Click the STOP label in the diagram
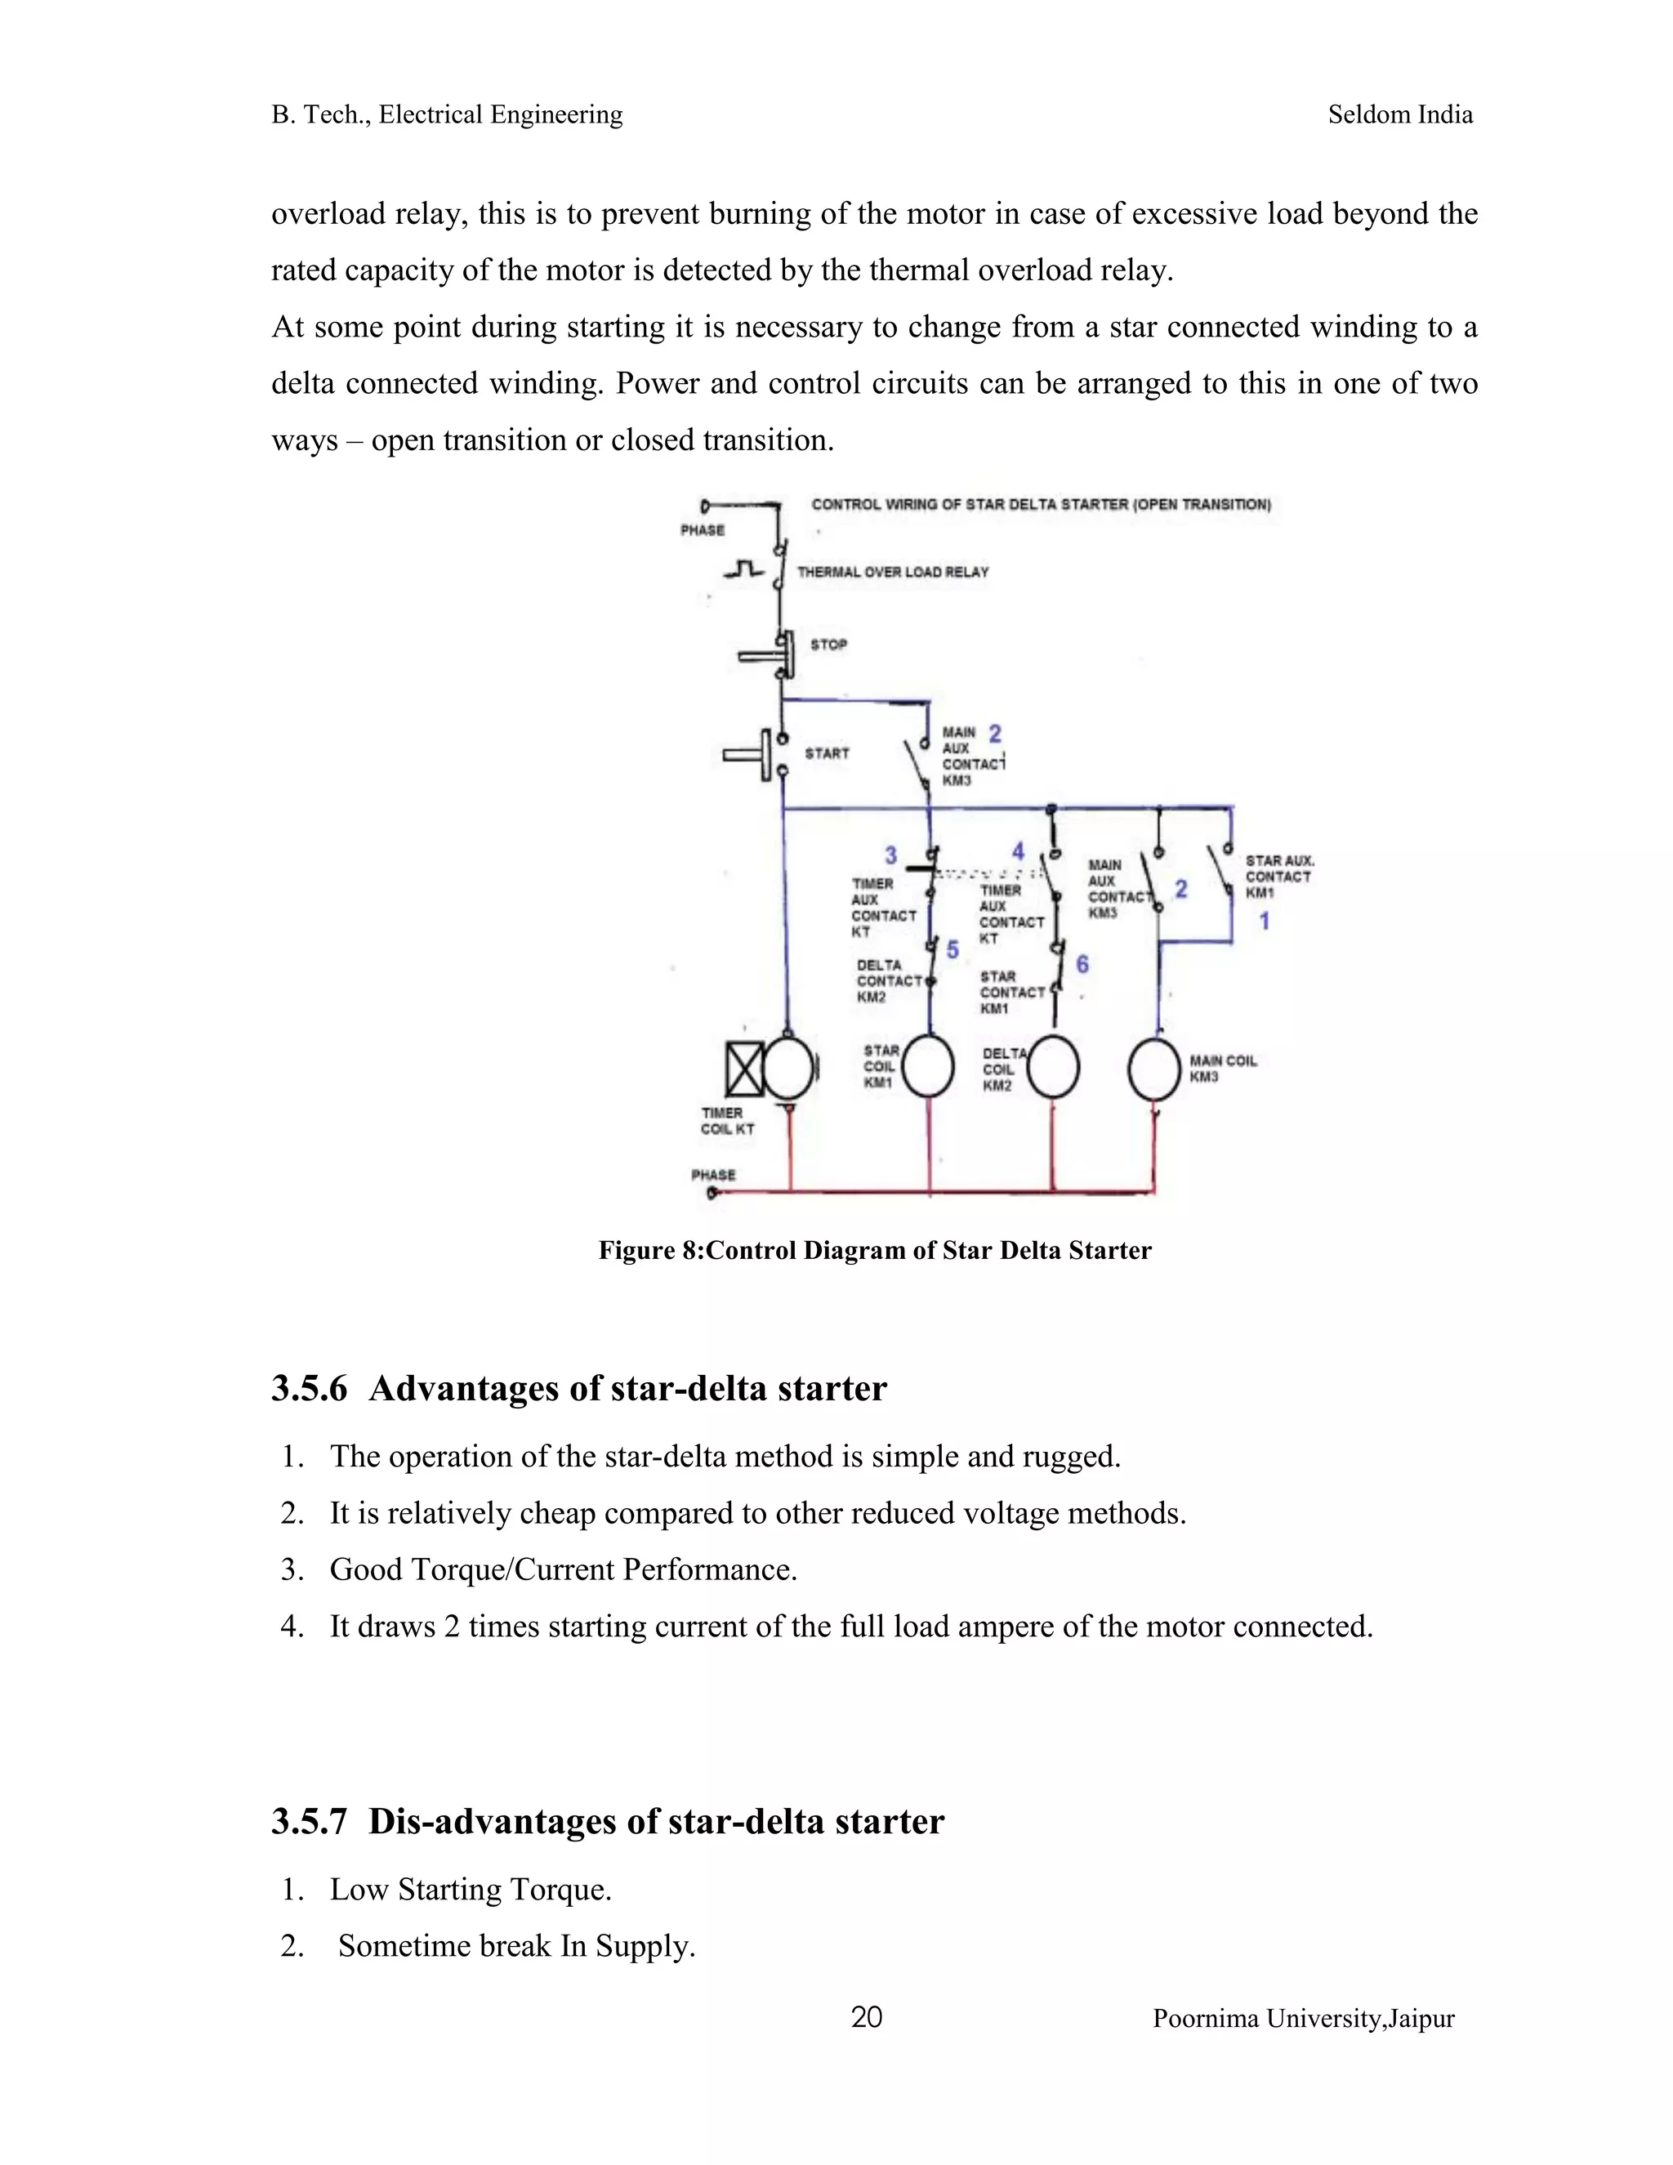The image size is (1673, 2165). tap(828, 645)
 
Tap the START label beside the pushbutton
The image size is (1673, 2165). tap(827, 753)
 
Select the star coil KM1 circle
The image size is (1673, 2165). tap(929, 1067)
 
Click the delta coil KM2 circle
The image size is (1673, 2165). tap(1052, 1067)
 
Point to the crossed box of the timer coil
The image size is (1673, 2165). tap(744, 1069)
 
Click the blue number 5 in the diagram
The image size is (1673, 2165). tap(952, 949)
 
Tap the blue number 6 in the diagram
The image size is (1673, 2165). tap(1082, 963)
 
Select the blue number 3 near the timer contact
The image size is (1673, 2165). tap(891, 855)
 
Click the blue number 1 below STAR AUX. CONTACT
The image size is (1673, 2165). tap(1264, 921)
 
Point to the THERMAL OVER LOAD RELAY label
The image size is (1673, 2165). tap(893, 572)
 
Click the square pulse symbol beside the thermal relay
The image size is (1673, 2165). tap(744, 570)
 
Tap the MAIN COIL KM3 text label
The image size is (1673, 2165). tap(1222, 1069)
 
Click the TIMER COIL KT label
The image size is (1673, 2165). tap(728, 1121)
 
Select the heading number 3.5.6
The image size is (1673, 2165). tap(310, 1388)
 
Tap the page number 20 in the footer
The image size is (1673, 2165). tap(866, 2017)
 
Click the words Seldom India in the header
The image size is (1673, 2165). tap(1399, 115)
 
